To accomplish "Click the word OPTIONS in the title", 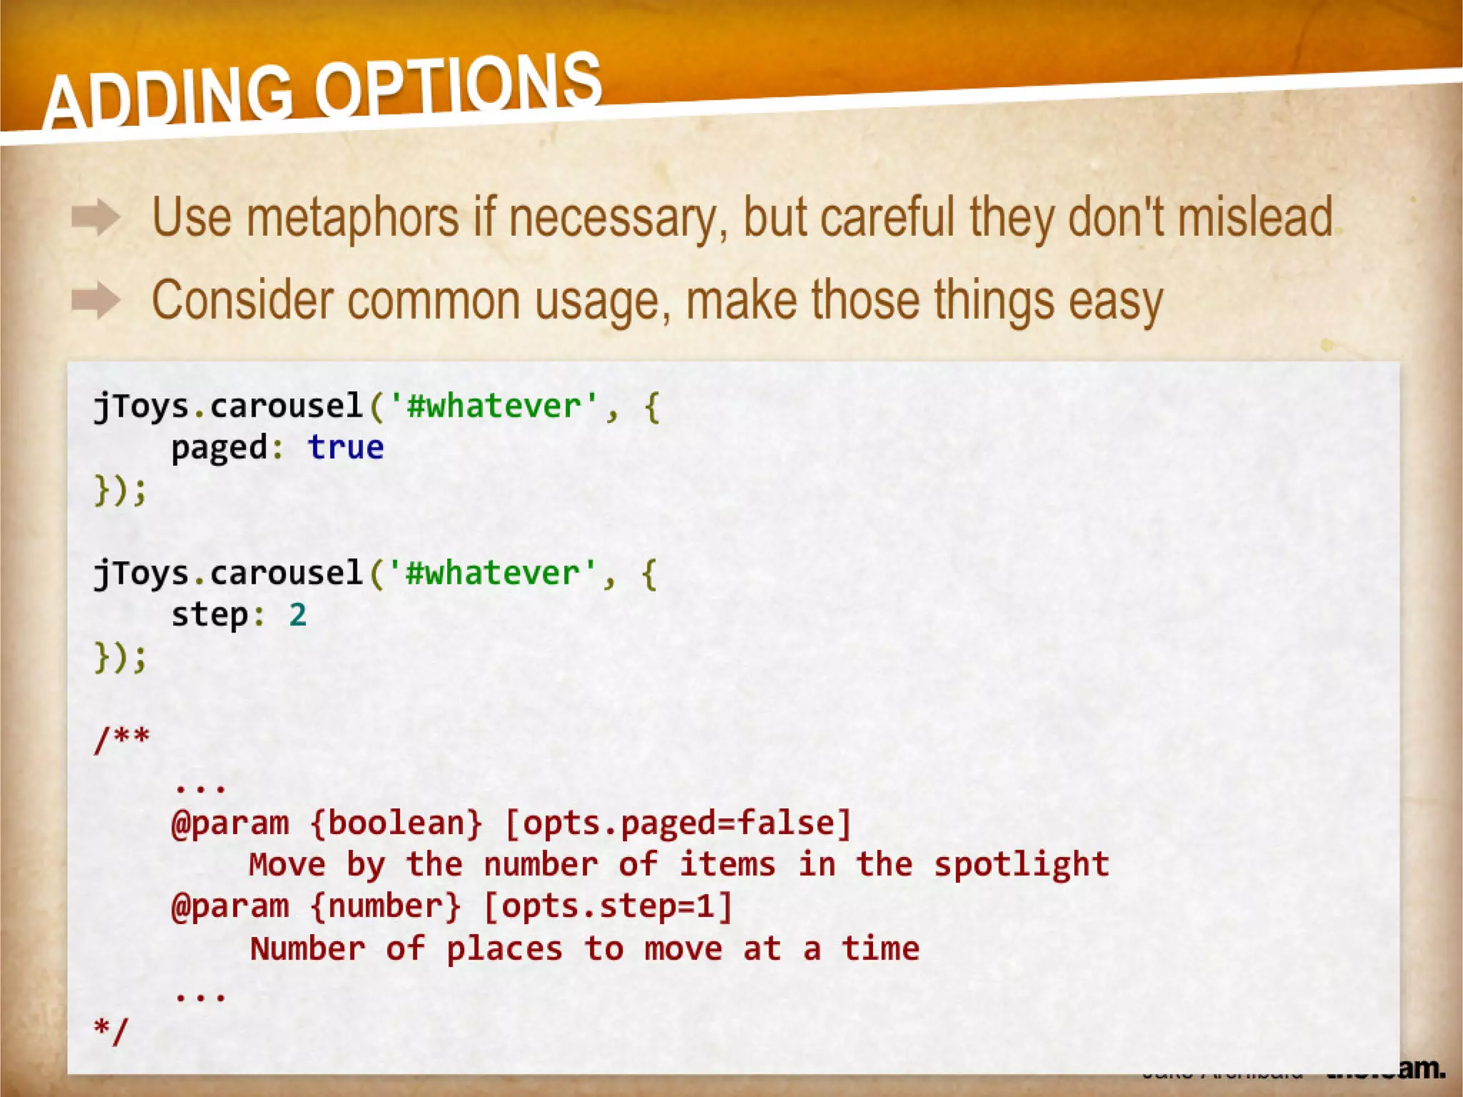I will click(x=458, y=84).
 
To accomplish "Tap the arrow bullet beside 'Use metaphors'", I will click(x=96, y=217).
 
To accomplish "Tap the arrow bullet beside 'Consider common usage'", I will click(x=96, y=300).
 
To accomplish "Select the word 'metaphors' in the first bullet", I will click(x=353, y=217).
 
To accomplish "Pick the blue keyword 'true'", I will click(x=346, y=448).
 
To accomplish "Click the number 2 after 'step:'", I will click(x=298, y=615).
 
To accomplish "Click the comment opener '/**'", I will click(x=121, y=738).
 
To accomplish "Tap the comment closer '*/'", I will click(x=111, y=1031).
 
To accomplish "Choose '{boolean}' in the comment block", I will click(x=397, y=823).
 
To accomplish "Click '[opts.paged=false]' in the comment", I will click(x=678, y=823).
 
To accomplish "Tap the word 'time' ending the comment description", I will click(x=880, y=948).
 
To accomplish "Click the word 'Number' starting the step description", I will click(x=307, y=948).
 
